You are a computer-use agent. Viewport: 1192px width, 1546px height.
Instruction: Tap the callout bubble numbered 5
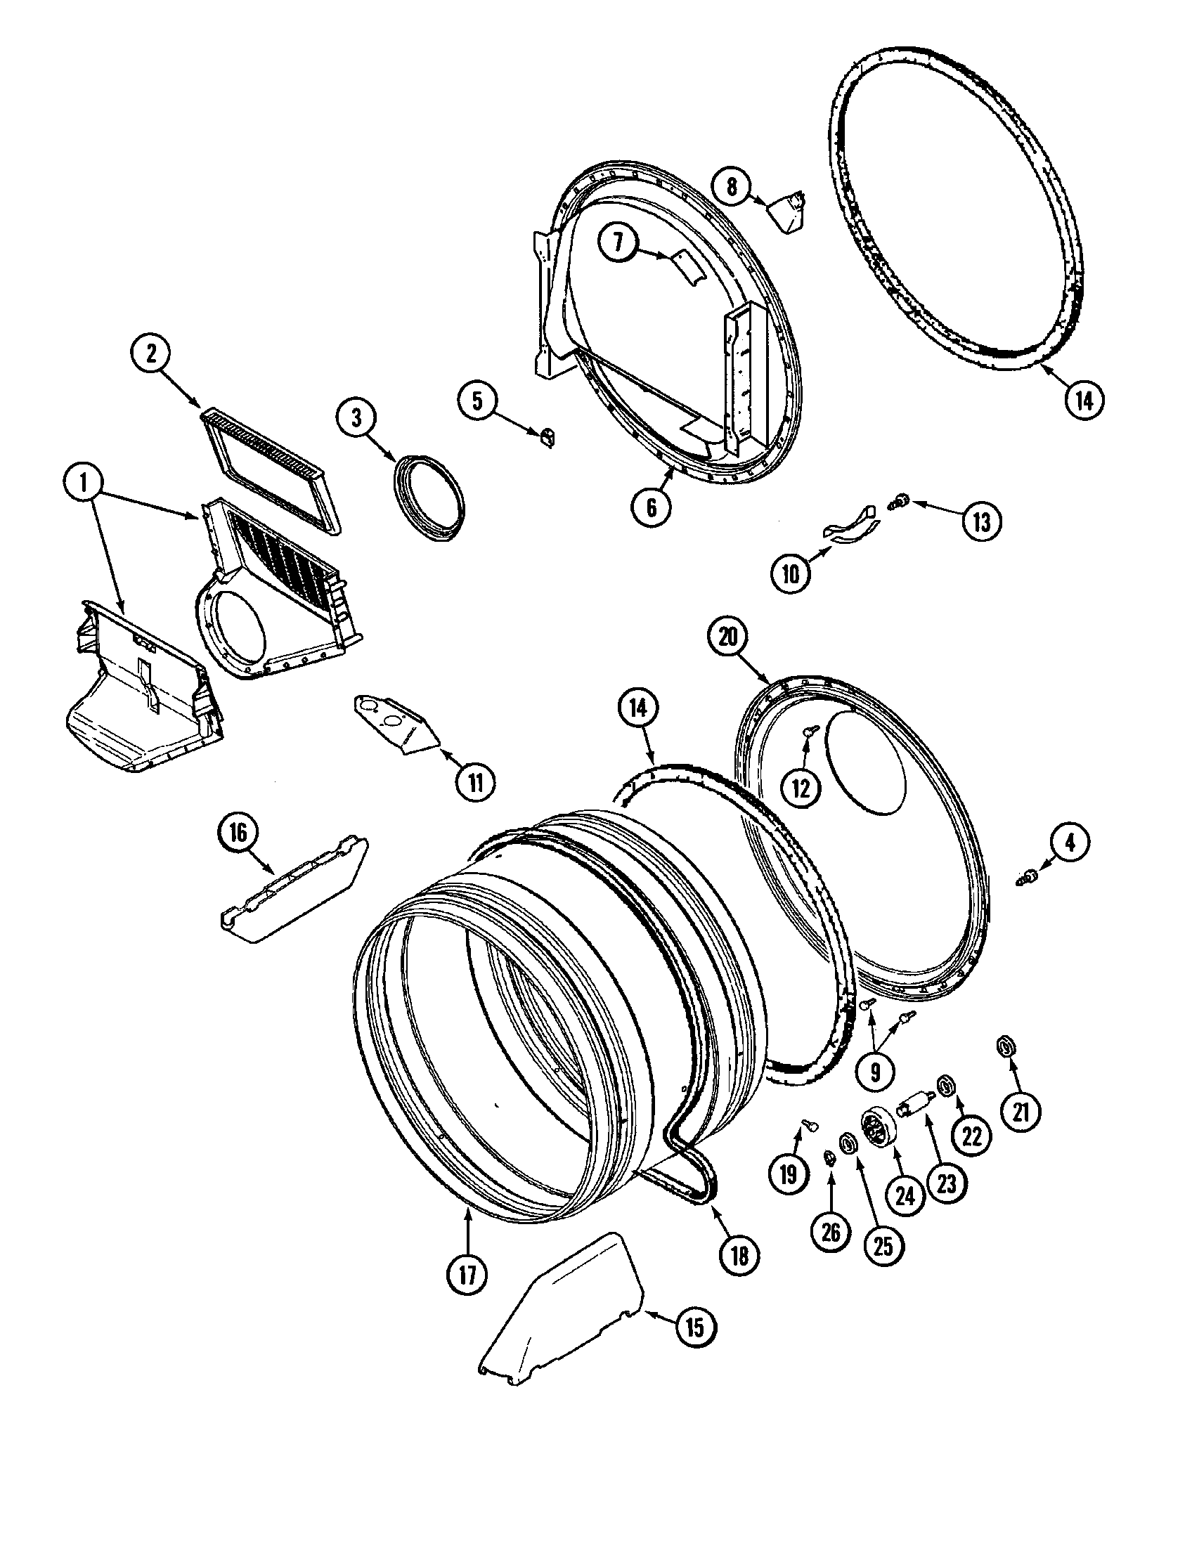pyautogui.click(x=477, y=401)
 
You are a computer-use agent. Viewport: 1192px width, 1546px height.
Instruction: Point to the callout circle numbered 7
pyautogui.click(x=618, y=243)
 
